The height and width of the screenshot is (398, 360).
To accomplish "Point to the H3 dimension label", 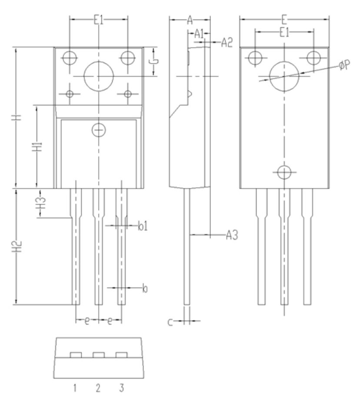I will tap(40, 203).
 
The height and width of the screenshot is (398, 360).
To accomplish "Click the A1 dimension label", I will tap(199, 34).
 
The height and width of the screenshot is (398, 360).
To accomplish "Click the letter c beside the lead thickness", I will tap(170, 322).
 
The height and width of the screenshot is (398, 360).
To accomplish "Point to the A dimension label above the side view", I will tap(190, 19).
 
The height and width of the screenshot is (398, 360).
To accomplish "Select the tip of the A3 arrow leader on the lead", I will tap(191, 235).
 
